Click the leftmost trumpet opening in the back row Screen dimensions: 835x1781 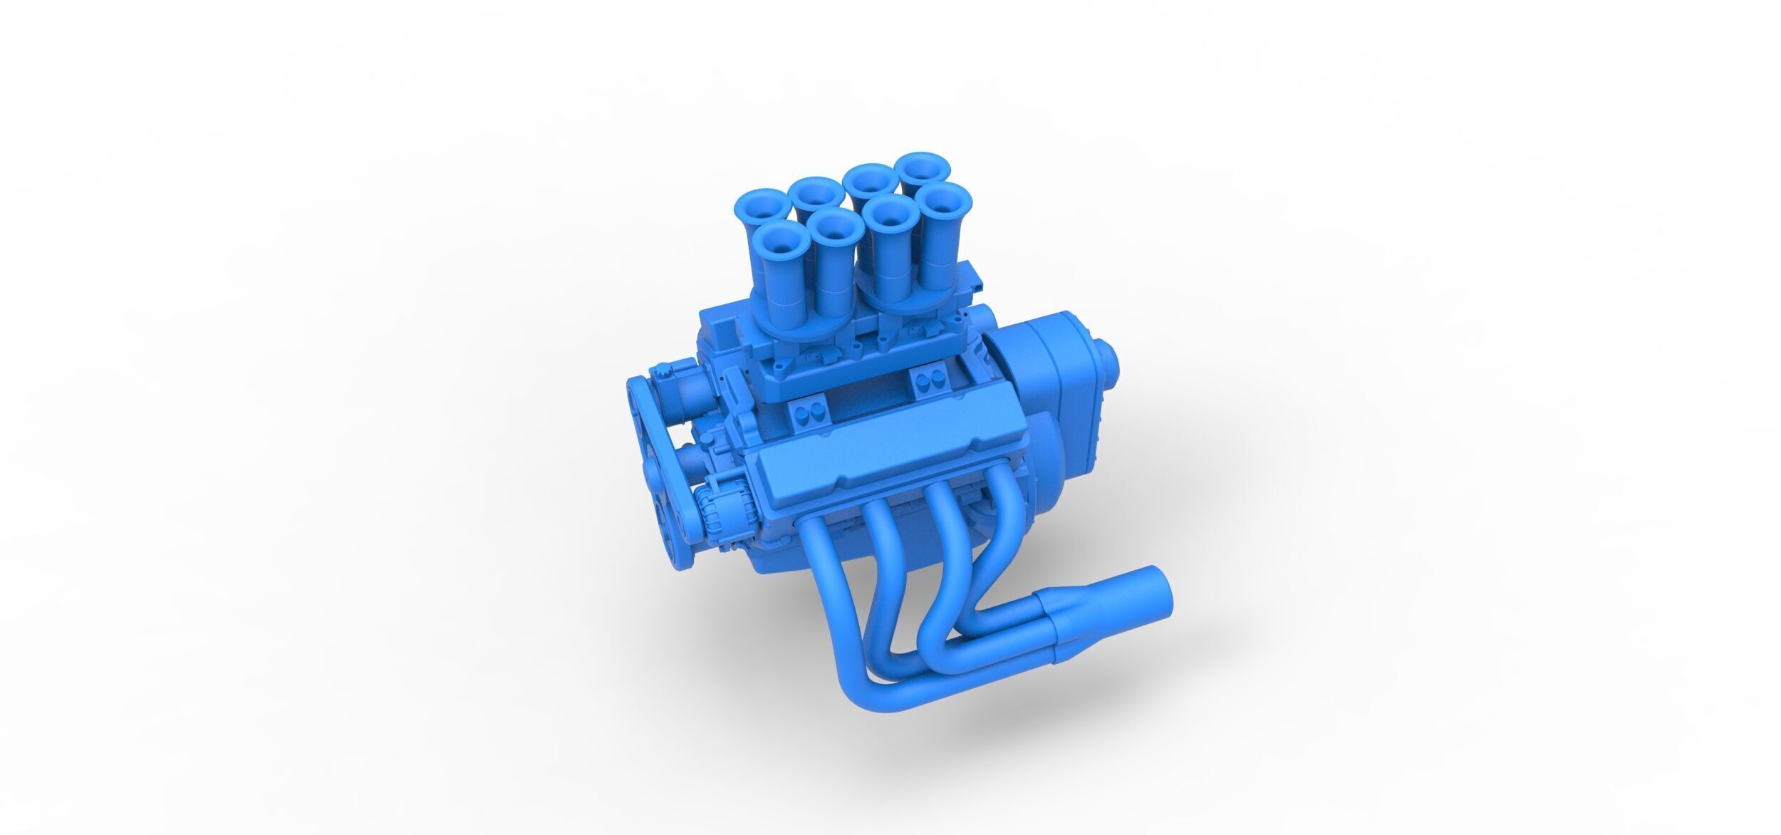click(762, 202)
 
